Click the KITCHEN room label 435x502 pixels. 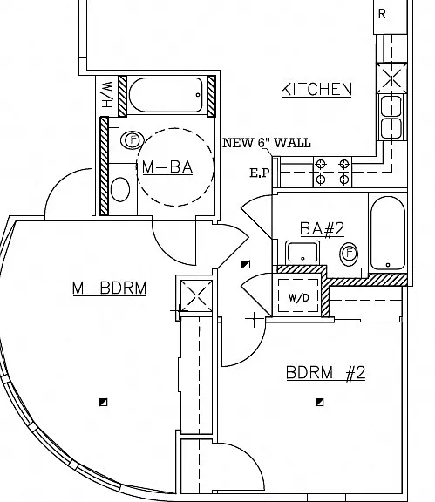[316, 89]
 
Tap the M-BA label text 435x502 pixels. [167, 167]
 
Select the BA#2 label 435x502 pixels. [322, 228]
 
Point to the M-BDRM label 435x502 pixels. [110, 288]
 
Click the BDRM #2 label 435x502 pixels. [325, 373]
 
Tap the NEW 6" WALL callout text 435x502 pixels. [267, 143]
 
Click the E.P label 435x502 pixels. [260, 173]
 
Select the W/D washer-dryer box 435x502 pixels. [298, 295]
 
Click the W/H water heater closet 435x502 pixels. [106, 94]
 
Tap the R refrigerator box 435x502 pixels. [391, 16]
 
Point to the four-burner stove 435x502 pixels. [332, 172]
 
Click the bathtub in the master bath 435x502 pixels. [166, 95]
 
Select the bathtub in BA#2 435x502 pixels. [388, 234]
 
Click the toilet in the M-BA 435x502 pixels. [133, 140]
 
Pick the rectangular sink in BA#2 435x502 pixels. [302, 253]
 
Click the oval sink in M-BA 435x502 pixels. [120, 189]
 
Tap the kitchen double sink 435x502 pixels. [391, 117]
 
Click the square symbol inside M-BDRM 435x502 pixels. [103, 402]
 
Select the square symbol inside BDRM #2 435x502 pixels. [319, 402]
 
